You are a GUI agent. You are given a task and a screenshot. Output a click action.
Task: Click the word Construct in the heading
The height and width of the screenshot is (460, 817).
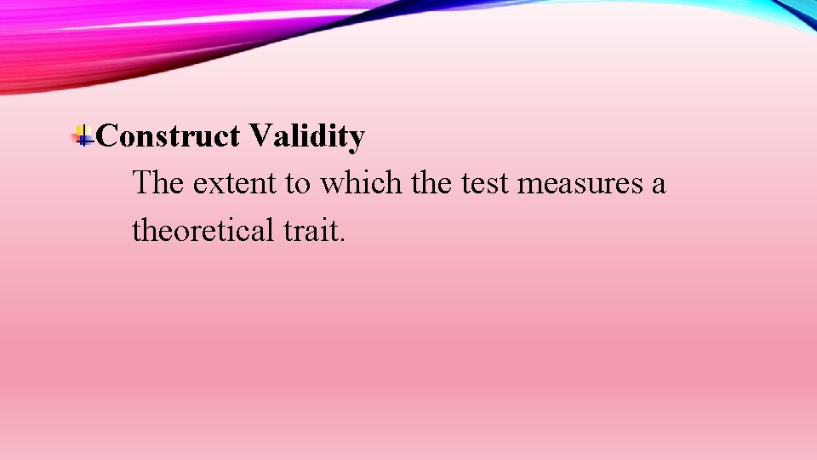[168, 135]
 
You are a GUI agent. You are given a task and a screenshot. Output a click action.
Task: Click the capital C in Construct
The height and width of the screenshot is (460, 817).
[108, 135]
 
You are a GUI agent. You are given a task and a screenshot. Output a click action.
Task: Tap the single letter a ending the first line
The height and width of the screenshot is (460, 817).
[658, 185]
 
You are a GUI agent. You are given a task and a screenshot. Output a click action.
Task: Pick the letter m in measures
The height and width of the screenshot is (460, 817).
[528, 185]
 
